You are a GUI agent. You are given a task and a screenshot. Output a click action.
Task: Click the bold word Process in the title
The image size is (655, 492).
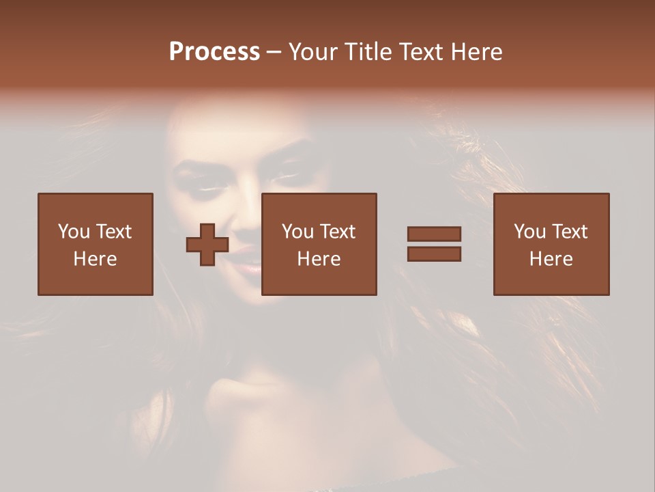tap(214, 52)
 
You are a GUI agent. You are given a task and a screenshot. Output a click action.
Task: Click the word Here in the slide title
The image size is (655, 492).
tap(478, 52)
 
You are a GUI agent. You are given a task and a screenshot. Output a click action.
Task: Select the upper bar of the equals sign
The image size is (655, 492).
tap(434, 234)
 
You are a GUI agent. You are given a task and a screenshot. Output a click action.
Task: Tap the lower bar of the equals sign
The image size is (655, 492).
tap(434, 254)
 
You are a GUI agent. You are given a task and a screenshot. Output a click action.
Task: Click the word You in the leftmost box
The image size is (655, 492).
tap(74, 232)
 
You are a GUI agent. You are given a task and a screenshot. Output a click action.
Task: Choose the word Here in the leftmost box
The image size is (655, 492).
tap(95, 259)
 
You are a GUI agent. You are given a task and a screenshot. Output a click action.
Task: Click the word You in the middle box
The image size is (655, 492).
tap(297, 232)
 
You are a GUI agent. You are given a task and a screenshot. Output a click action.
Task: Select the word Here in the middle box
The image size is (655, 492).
tap(319, 259)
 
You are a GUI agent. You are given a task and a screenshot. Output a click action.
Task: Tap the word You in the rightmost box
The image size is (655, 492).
tap(529, 232)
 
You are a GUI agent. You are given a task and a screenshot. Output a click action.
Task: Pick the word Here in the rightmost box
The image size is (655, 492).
tap(551, 259)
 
